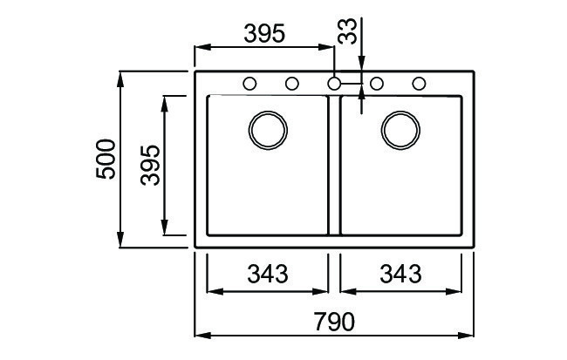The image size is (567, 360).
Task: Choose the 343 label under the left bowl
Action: [267, 274]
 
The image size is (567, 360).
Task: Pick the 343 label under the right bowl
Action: [400, 274]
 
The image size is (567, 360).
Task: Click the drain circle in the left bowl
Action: [267, 129]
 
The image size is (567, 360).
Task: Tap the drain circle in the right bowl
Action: [400, 129]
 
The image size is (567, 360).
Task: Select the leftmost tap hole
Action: [249, 84]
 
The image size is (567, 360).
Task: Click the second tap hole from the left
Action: [292, 84]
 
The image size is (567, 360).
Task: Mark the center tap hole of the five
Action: [334, 84]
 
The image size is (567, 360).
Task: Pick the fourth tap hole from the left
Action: [378, 84]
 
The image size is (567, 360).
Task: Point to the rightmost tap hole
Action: [420, 84]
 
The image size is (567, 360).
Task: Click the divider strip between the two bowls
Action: [333, 166]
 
